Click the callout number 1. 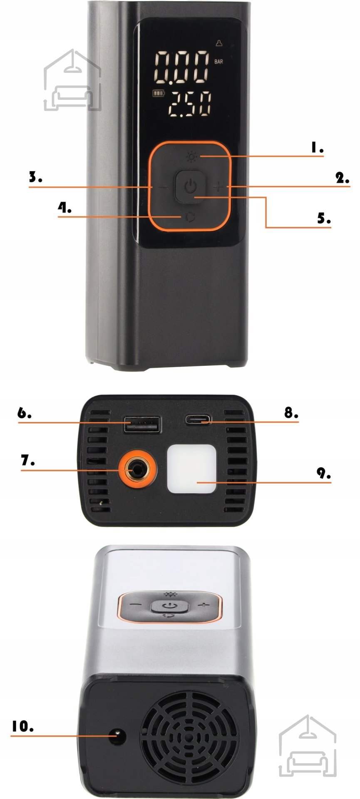click(317, 147)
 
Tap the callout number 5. click(324, 218)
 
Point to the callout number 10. click(22, 726)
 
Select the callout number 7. click(28, 460)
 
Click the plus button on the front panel click(218, 187)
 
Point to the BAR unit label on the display click(218, 62)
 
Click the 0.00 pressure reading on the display click(182, 67)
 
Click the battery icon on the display click(159, 93)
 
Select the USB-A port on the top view click(142, 424)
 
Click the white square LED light click(192, 469)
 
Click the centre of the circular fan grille click(190, 738)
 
